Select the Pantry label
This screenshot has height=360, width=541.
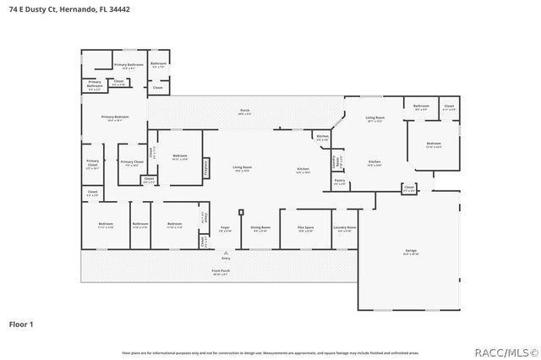click(x=339, y=180)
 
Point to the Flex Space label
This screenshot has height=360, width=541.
click(x=305, y=227)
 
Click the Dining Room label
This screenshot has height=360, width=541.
click(x=260, y=227)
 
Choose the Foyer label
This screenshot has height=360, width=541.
click(x=225, y=227)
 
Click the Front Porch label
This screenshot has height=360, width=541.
click(x=220, y=271)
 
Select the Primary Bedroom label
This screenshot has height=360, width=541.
click(x=115, y=117)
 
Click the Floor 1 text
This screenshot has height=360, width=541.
click(x=20, y=324)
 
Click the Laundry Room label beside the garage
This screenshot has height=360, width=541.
click(x=345, y=227)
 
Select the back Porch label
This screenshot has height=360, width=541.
click(x=244, y=112)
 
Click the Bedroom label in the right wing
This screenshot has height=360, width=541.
click(x=433, y=145)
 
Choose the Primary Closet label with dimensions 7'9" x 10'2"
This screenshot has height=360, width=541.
click(x=132, y=162)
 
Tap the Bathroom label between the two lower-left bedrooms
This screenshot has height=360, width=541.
click(x=140, y=224)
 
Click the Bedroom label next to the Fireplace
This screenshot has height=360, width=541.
click(x=179, y=156)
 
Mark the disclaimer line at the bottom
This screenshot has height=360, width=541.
click(x=270, y=351)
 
